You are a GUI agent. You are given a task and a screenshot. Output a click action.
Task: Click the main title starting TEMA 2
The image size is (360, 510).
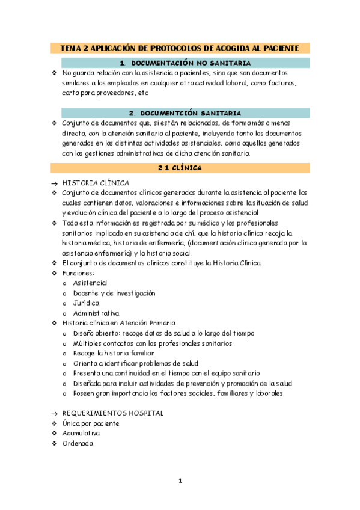[180, 48]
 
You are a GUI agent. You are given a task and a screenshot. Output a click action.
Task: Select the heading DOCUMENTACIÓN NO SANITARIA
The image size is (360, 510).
[185, 63]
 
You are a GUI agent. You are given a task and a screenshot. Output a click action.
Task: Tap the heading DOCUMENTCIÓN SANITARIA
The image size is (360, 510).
[185, 112]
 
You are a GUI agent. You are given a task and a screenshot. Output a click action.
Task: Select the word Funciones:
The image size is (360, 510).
[78, 273]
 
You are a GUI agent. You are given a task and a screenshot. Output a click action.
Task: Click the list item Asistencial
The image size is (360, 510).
[90, 283]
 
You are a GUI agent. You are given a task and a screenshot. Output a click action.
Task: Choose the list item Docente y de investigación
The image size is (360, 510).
[114, 293]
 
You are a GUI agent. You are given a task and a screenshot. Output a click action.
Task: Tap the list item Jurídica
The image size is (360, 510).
[86, 303]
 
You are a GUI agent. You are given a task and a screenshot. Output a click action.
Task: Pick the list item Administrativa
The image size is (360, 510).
[96, 313]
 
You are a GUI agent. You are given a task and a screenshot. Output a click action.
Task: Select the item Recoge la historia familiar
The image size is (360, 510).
[114, 354]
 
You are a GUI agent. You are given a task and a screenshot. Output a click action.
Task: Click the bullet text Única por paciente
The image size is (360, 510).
[90, 423]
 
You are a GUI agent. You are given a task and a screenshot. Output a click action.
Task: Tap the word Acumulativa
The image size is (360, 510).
[81, 433]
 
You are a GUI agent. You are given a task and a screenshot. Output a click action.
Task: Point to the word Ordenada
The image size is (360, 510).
[78, 443]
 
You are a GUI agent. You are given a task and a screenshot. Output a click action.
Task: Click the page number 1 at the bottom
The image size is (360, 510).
[180, 481]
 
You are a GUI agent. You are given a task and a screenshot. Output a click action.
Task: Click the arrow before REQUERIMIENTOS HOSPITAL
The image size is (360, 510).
[53, 414]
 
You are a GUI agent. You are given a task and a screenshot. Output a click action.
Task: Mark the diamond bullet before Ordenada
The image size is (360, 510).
[53, 443]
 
